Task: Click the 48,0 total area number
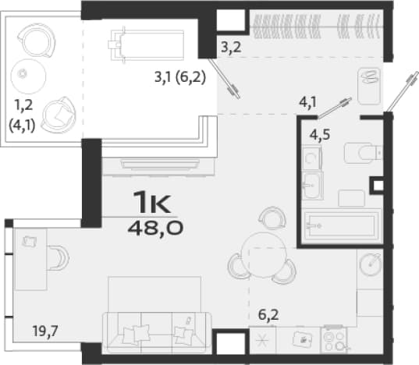tap(155, 229)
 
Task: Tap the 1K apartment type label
tap(153, 202)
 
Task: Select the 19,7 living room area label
tap(45, 331)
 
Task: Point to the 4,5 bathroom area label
tap(320, 135)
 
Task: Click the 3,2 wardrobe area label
tap(232, 48)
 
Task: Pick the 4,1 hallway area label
tap(307, 102)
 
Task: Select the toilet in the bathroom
tap(364, 153)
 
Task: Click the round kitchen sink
tap(371, 264)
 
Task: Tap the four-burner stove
tap(335, 339)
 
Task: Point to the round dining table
tap(264, 256)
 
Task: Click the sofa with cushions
tap(157, 332)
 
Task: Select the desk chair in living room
tap(59, 258)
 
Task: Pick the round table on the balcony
tap(28, 76)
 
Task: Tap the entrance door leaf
tap(402, 90)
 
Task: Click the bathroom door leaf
tap(334, 108)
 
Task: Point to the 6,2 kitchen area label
tap(268, 315)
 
